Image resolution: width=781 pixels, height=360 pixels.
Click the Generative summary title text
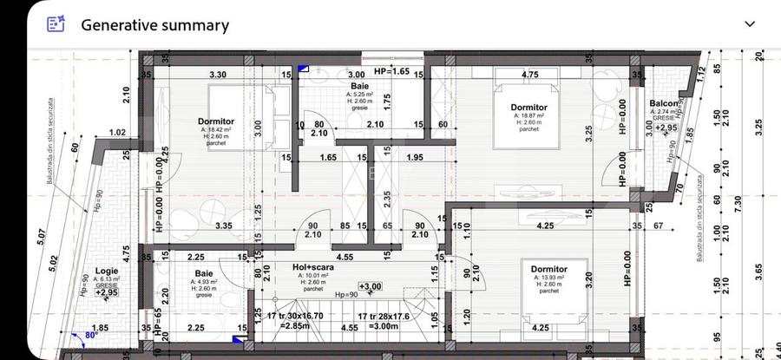(x=154, y=25)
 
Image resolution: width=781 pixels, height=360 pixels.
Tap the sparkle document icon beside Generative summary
(x=56, y=25)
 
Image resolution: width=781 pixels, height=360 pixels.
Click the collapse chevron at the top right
(x=749, y=24)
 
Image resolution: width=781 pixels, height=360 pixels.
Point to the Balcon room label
(x=665, y=104)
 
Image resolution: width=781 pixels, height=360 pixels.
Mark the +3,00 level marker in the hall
(x=371, y=285)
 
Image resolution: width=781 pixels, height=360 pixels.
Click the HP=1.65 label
(x=391, y=70)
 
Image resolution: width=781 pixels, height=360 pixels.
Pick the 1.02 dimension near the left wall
(x=118, y=133)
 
